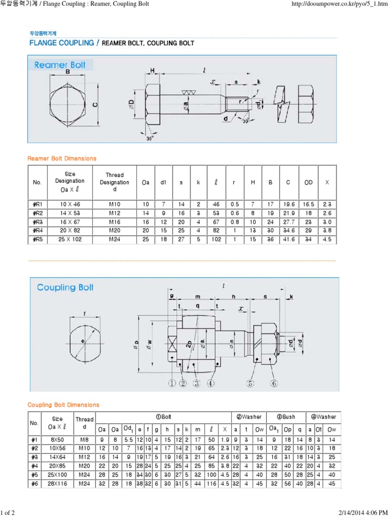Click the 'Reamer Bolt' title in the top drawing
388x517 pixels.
click(61, 65)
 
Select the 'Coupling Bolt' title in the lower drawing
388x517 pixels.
click(65, 287)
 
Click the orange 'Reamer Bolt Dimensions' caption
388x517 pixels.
click(61, 159)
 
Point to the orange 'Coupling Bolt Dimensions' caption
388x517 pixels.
click(63, 405)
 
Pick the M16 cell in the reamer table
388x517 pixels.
click(114, 222)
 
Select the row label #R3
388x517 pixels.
click(37, 222)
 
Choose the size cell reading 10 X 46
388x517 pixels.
click(70, 204)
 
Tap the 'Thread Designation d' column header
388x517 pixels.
click(114, 182)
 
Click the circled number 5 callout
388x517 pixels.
click(251, 383)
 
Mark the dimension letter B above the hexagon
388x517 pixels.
click(67, 72)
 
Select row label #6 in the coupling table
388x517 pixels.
click(35, 484)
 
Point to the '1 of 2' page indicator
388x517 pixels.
click(9, 513)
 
